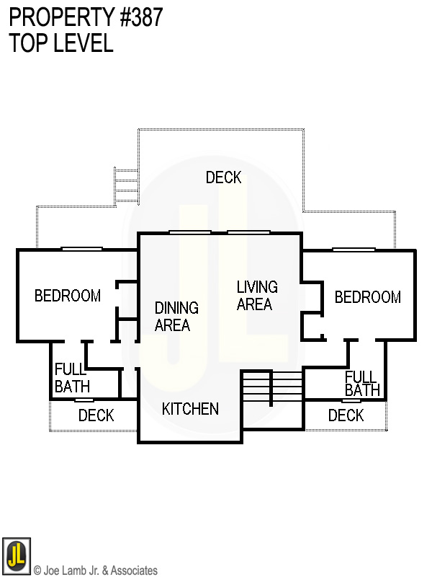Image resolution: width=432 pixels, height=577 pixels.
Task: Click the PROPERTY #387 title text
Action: [86, 17]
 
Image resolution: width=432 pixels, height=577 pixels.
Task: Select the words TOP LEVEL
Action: [61, 43]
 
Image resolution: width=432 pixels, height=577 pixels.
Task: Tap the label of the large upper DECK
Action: [223, 177]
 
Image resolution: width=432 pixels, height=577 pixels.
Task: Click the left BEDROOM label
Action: [68, 296]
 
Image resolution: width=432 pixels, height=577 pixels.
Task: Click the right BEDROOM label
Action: [367, 297]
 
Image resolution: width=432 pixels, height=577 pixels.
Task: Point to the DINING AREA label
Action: [176, 317]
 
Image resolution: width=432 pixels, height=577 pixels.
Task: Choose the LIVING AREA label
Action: [257, 296]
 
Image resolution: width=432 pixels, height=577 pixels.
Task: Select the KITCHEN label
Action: [190, 409]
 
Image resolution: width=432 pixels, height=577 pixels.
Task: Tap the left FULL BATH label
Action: [71, 379]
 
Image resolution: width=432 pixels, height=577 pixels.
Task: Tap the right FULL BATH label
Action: [361, 384]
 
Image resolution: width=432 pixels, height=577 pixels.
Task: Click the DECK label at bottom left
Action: [96, 415]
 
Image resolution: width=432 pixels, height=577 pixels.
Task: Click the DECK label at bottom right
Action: [346, 415]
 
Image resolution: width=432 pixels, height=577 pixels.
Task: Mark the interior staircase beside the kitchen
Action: [272, 389]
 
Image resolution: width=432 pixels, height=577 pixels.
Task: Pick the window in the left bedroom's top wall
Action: [82, 250]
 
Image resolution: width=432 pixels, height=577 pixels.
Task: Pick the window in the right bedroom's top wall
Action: [354, 250]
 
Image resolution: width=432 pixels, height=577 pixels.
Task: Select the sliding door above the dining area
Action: [190, 232]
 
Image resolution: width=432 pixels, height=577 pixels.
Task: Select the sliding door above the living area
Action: [249, 232]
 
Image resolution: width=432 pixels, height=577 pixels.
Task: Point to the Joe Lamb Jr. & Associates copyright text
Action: [95, 571]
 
